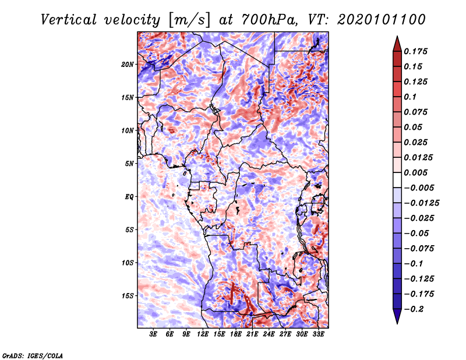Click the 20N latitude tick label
[x=128, y=65]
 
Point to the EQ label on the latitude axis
[x=129, y=197]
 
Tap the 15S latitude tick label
[x=128, y=296]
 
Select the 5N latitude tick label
[x=129, y=164]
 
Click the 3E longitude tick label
[x=153, y=334]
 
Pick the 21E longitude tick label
[x=252, y=334]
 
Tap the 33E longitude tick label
[x=318, y=334]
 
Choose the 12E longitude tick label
[x=203, y=334]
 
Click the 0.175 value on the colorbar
[x=415, y=51]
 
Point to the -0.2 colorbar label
[x=414, y=309]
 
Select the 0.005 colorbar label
[x=415, y=172]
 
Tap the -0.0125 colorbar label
[x=421, y=203]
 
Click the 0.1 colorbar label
[x=410, y=97]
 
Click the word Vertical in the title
[x=69, y=20]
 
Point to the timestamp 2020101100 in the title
[x=382, y=20]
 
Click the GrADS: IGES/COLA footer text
[x=33, y=356]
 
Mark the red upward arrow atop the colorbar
[x=397, y=44]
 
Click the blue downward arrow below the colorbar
[x=397, y=316]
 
